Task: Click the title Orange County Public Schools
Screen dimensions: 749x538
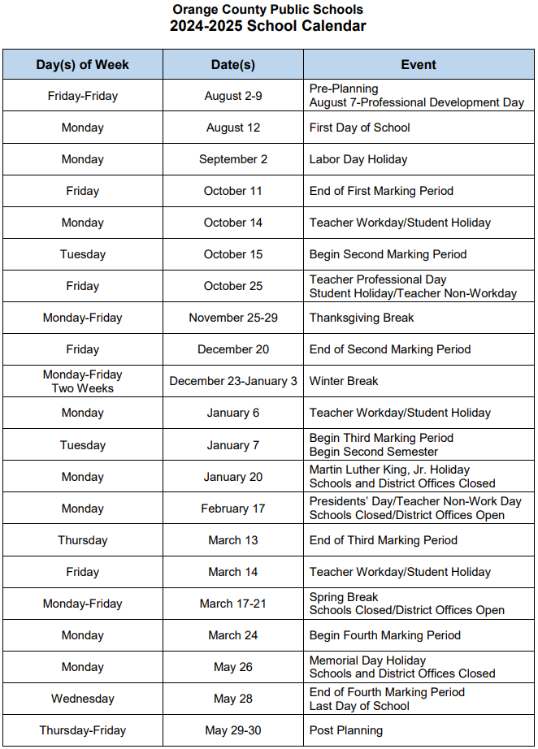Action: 268,10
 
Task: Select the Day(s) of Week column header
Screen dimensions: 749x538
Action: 83,65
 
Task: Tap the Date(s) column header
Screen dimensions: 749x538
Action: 233,65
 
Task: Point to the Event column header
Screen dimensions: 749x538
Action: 419,65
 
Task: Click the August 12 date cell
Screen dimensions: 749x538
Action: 233,128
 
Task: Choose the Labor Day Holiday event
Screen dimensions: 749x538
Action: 358,159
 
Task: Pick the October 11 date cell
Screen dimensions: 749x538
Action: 233,191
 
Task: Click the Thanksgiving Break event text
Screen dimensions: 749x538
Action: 362,318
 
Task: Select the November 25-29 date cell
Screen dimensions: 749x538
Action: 233,318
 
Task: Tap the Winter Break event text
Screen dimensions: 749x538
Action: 344,381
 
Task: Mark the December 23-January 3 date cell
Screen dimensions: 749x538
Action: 233,381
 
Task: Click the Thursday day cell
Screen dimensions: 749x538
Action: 83,540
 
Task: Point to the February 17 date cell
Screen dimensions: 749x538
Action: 233,509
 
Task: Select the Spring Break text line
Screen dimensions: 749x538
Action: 344,597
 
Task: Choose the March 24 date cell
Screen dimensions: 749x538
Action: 233,635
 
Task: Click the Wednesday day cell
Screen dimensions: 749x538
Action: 83,699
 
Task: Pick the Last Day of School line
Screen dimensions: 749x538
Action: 359,706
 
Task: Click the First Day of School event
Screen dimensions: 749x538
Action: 360,128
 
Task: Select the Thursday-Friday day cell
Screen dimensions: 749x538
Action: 83,730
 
